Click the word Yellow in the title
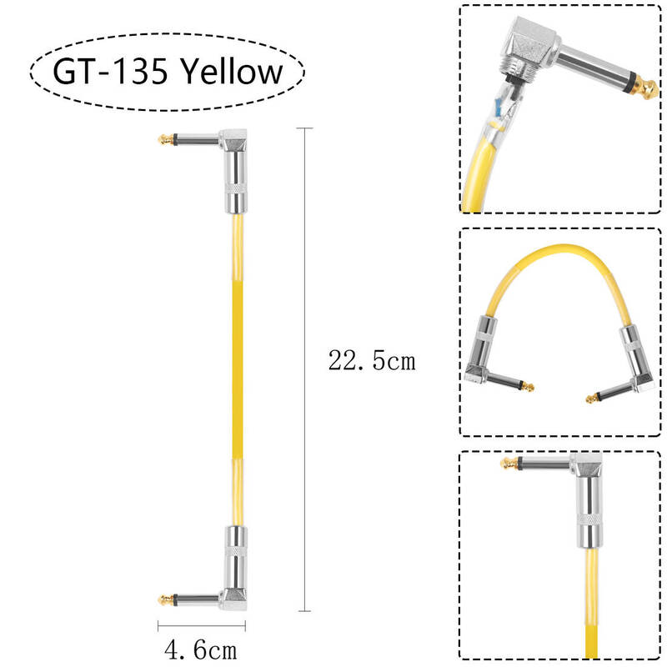(x=232, y=72)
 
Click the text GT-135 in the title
(x=110, y=71)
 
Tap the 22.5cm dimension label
(x=372, y=361)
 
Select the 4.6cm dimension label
(x=200, y=650)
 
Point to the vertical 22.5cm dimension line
(x=304, y=369)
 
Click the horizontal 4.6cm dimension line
(x=202, y=626)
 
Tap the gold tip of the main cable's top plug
(x=165, y=139)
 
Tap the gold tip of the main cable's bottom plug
(x=165, y=600)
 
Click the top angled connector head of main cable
(x=234, y=141)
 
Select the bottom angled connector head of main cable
(x=234, y=599)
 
